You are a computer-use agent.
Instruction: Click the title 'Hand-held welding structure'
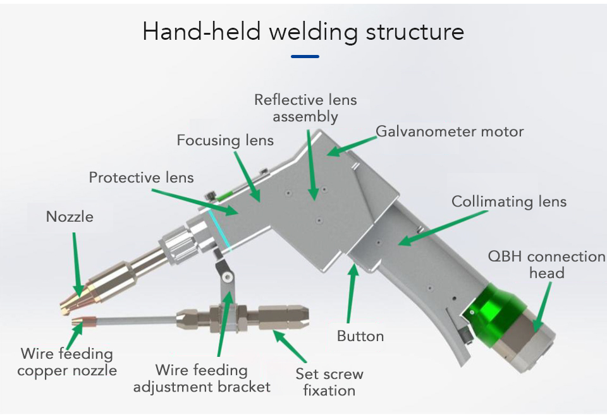coord(303,31)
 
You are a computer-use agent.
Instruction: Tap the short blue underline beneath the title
coord(305,56)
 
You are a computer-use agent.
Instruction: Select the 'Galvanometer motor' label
coord(450,131)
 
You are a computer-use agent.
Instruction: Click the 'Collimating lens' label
coord(508,201)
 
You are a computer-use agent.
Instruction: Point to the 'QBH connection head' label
coord(546,264)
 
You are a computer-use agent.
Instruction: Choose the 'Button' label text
coord(360,336)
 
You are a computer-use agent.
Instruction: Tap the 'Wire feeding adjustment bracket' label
coord(202,378)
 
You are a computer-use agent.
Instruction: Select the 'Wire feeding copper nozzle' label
coord(67,362)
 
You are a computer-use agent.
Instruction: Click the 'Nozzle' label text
coord(70,217)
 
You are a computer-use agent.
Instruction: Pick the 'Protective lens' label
coord(141,177)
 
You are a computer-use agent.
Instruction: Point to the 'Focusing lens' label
coord(225,140)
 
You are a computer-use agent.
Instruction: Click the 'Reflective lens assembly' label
coord(305,108)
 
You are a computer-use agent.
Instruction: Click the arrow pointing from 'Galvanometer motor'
coord(351,143)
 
